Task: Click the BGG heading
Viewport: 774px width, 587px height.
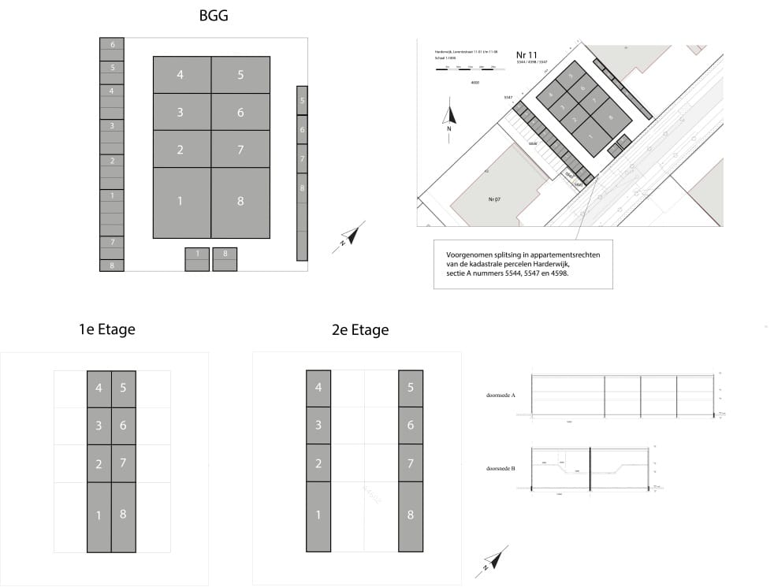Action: [x=214, y=15]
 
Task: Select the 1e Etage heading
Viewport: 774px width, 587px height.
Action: [x=107, y=329]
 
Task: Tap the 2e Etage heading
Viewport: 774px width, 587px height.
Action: [x=360, y=329]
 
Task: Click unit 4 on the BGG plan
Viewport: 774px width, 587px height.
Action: [x=181, y=75]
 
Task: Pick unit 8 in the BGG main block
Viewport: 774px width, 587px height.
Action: [x=240, y=202]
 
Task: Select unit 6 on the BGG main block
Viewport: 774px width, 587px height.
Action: [x=240, y=112]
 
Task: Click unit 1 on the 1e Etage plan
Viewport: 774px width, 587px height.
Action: [x=99, y=515]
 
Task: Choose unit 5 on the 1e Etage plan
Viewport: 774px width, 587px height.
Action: [x=124, y=388]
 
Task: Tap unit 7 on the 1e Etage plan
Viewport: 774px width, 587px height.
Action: [x=124, y=463]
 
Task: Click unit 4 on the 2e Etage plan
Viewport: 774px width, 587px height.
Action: [x=318, y=388]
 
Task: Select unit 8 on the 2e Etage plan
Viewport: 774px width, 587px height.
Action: [x=411, y=515]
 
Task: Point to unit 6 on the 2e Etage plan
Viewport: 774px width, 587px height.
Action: [x=411, y=425]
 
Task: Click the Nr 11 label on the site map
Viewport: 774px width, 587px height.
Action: [x=527, y=53]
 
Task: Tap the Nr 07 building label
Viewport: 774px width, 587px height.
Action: [x=495, y=199]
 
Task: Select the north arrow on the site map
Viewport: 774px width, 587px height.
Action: [x=448, y=117]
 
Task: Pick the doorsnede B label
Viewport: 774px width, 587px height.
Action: [x=501, y=469]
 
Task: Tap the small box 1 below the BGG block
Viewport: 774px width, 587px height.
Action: [x=197, y=254]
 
